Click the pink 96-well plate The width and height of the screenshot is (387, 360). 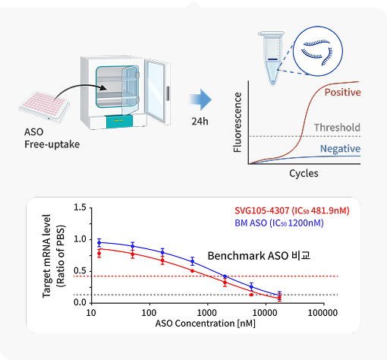point(44,107)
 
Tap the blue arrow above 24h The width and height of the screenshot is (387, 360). point(200,99)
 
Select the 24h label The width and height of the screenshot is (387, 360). point(200,122)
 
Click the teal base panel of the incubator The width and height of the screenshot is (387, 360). point(118,121)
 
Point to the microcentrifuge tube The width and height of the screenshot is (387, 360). point(272,58)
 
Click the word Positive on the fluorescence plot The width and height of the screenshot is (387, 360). point(342,93)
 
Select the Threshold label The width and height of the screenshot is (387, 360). point(337,128)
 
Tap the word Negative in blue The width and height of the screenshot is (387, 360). point(340,149)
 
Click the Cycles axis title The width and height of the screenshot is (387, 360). point(304,174)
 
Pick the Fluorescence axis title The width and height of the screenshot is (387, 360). point(238,122)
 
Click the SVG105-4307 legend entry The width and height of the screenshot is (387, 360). point(292,210)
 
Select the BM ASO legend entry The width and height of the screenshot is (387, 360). point(279,223)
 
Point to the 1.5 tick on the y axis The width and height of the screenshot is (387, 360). point(80,207)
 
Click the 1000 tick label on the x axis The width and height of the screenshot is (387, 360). point(206,313)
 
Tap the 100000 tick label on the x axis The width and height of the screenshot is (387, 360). point(322,313)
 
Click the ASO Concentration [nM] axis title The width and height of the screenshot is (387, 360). point(205,324)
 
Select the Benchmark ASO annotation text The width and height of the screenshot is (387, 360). point(259,256)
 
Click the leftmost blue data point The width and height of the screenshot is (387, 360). point(99,243)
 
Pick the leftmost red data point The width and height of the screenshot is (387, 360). point(99,253)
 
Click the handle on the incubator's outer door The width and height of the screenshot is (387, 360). point(168,93)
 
